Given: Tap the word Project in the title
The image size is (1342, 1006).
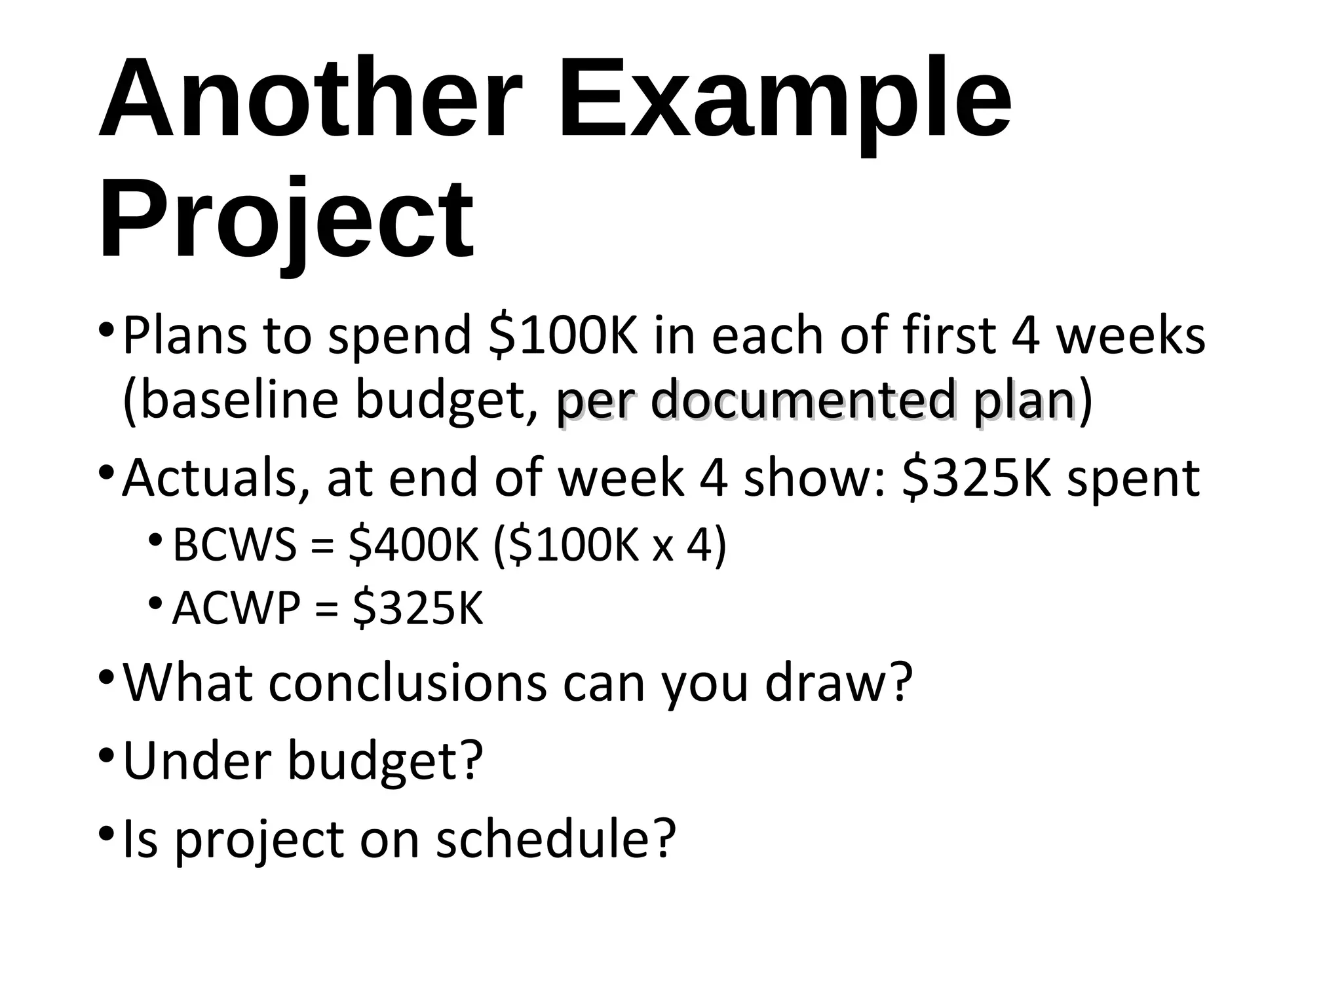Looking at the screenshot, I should (x=286, y=219).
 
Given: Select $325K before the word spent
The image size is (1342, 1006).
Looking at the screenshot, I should (x=976, y=479).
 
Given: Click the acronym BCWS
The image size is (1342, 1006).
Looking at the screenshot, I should (x=235, y=545).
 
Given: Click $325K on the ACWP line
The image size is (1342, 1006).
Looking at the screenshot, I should (x=417, y=608).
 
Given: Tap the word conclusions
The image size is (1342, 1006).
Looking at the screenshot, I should (x=407, y=683).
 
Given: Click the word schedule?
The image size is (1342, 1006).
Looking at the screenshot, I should (x=556, y=839).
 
